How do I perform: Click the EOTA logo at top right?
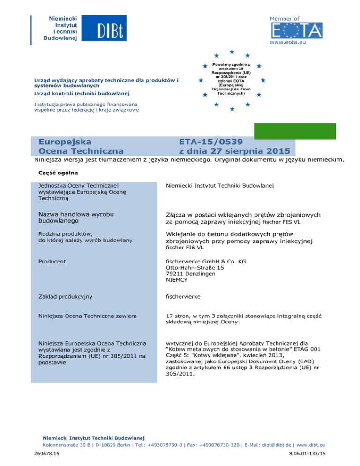[x=297, y=31]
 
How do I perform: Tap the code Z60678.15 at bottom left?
[x=46, y=454]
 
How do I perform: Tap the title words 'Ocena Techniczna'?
[x=81, y=151]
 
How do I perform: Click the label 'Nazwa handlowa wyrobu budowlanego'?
[x=76, y=217]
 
